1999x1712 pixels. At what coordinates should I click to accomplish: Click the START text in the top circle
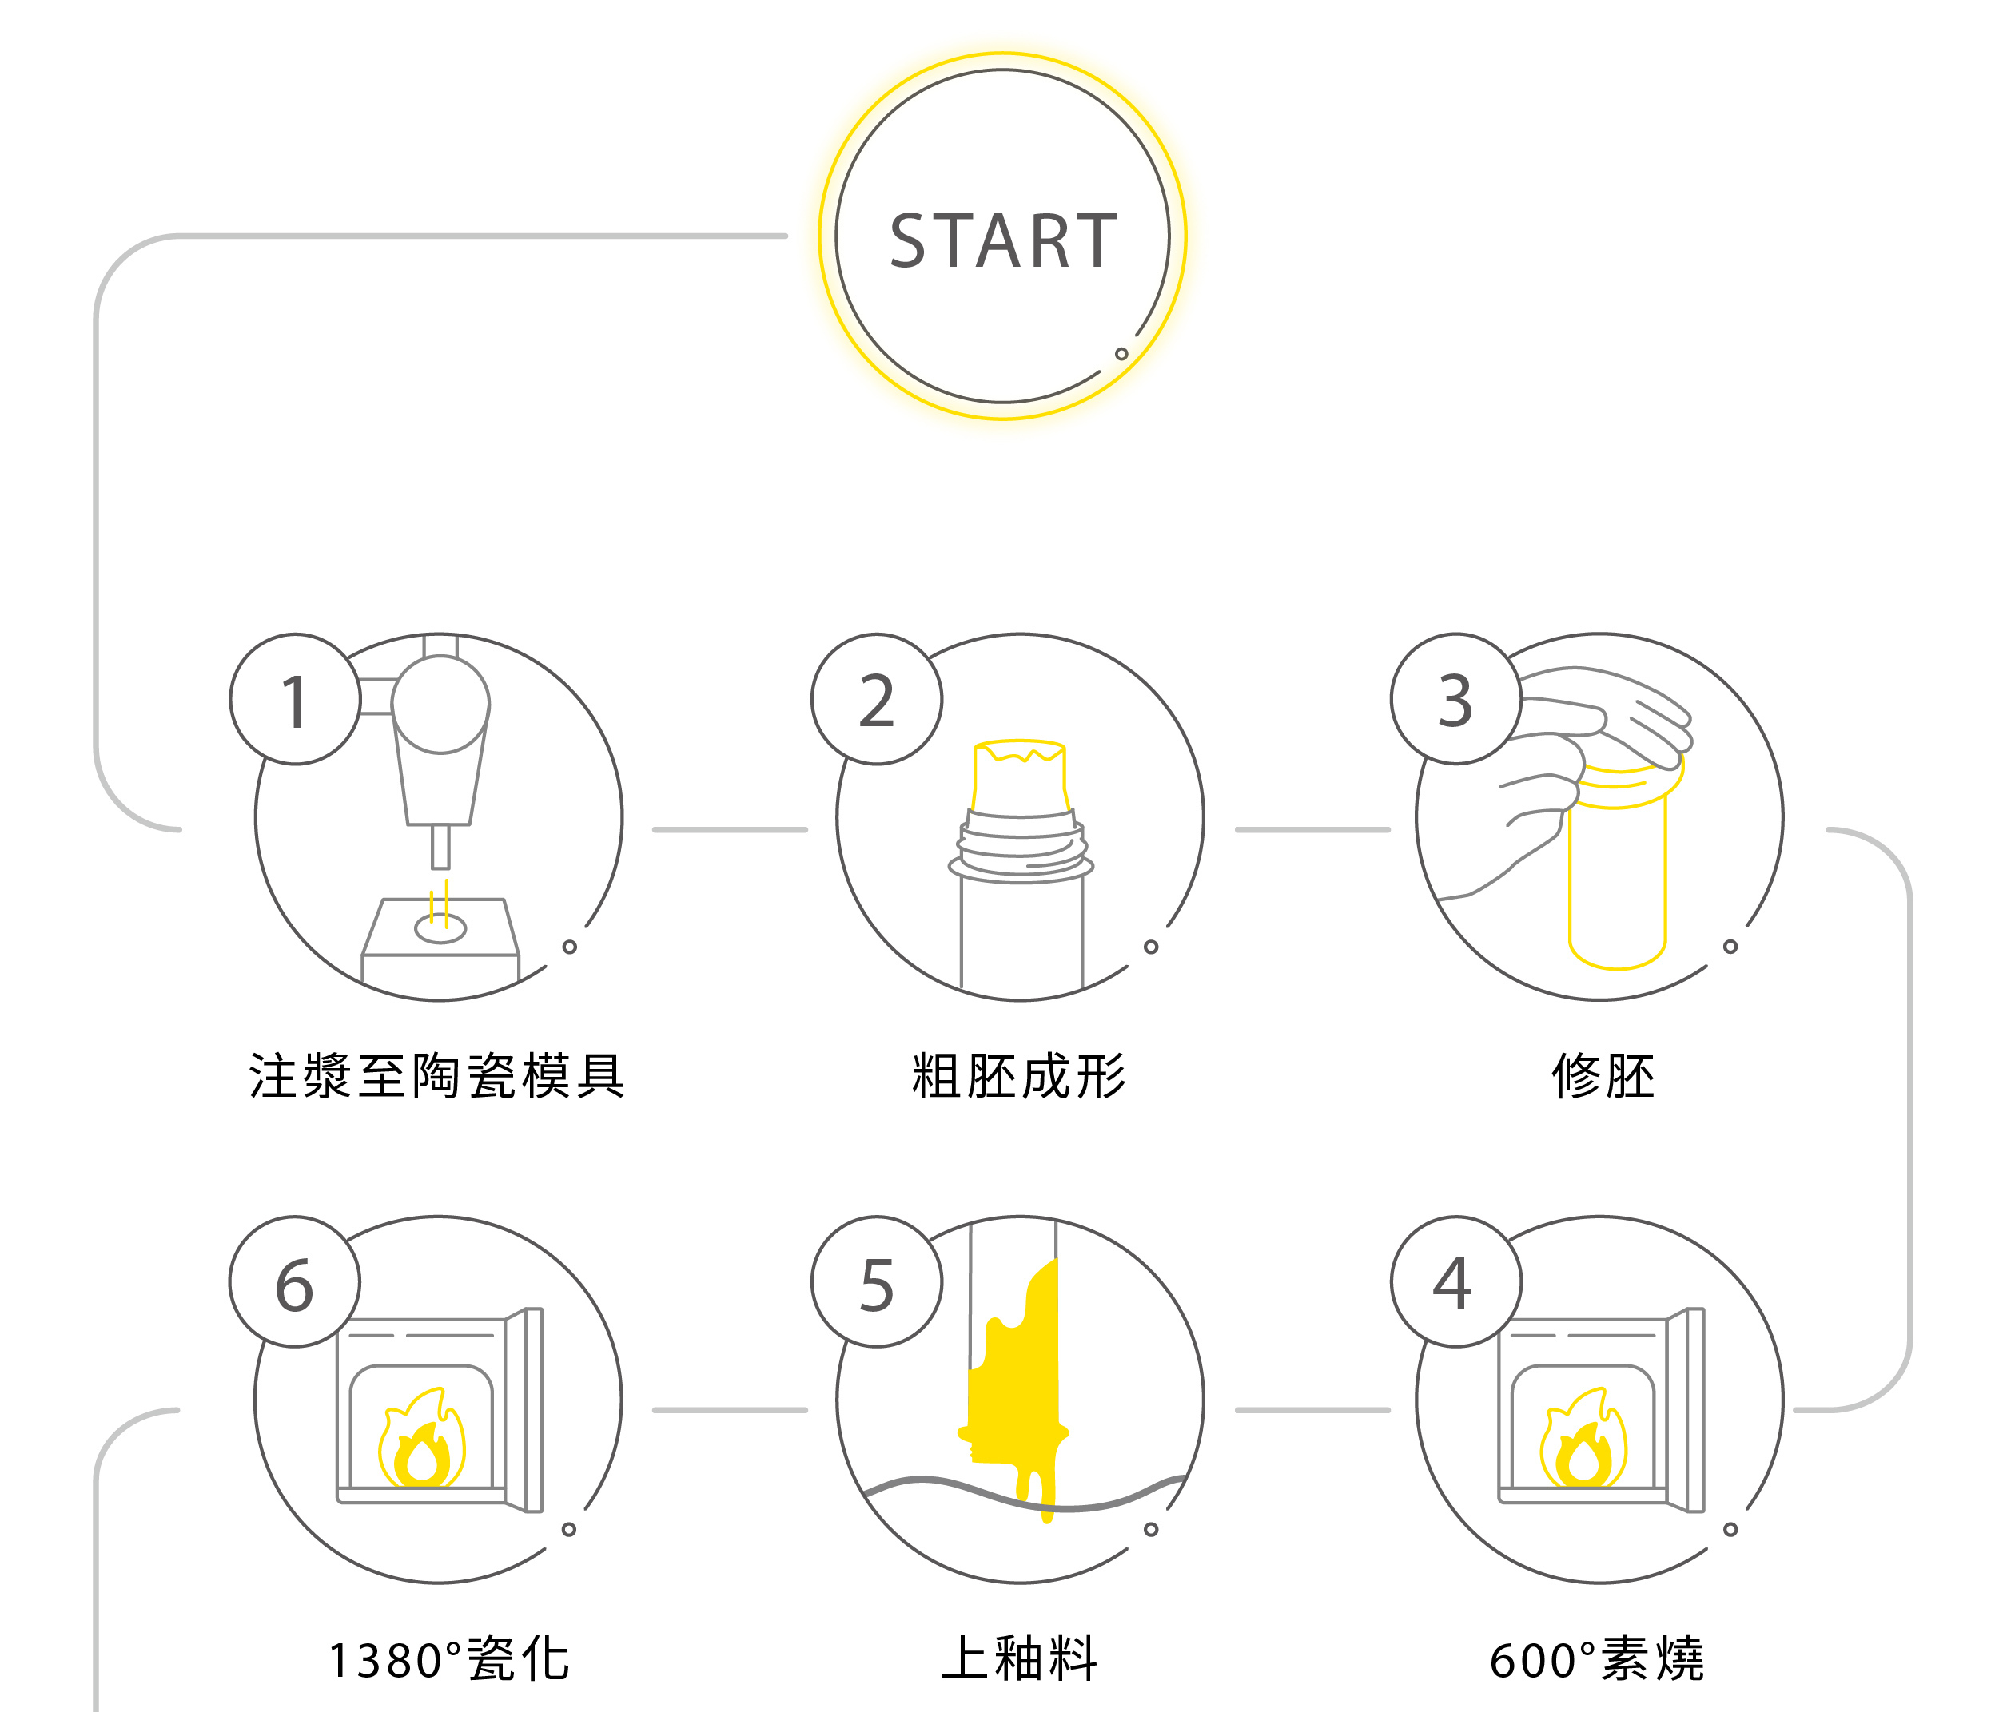[x=1002, y=240]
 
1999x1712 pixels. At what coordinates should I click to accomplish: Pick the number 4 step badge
[x=1455, y=1283]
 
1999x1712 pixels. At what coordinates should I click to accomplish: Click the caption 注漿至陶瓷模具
[x=437, y=1076]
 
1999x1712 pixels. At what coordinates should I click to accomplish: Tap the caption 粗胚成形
[x=1019, y=1076]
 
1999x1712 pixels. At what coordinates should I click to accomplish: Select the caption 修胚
[x=1603, y=1076]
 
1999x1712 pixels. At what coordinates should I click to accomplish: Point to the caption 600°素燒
[x=1597, y=1660]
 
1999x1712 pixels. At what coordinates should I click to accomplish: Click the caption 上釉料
[x=1019, y=1660]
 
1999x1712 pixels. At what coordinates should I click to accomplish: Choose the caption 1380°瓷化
[x=449, y=1660]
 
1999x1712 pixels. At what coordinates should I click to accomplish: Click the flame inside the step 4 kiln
[x=1583, y=1443]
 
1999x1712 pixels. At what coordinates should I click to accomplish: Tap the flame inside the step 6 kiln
[x=421, y=1443]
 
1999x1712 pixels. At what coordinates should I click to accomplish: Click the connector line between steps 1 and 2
[x=731, y=829]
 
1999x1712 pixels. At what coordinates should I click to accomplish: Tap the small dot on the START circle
[x=1121, y=354]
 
